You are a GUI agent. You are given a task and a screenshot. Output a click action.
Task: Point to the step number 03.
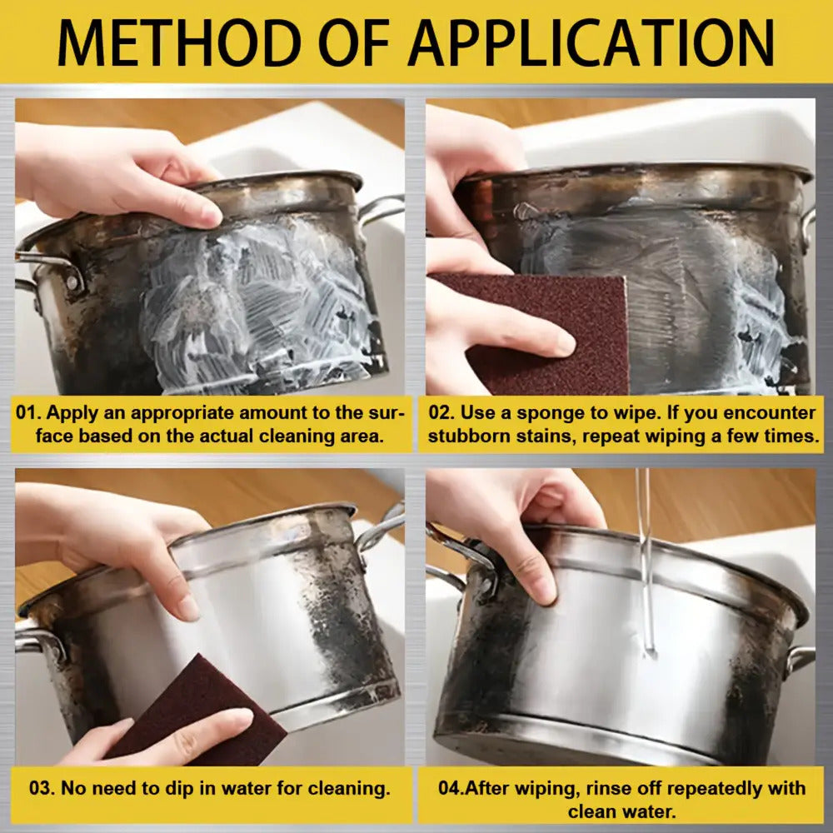click(42, 787)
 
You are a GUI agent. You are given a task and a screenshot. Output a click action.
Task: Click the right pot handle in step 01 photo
click(382, 208)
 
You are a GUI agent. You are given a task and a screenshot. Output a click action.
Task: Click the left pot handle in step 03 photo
click(40, 641)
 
